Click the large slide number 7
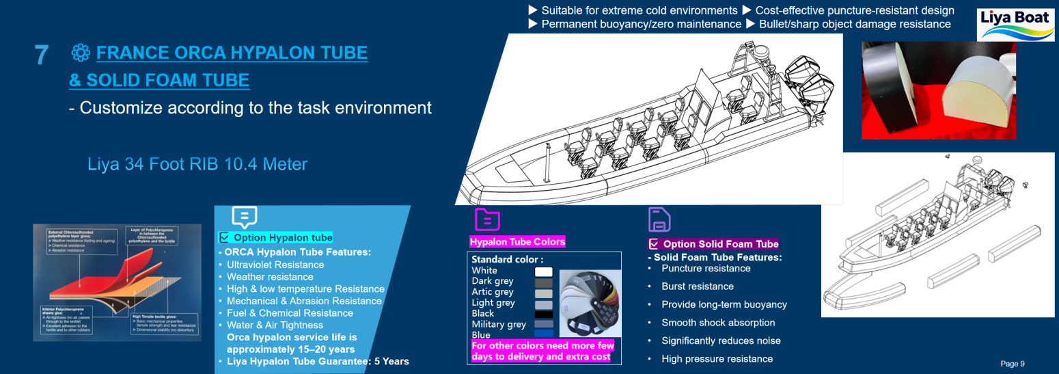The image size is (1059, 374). point(41,55)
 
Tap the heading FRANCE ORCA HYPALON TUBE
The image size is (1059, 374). point(232,53)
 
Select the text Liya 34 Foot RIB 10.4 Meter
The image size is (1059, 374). point(197,165)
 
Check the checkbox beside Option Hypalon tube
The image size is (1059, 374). point(224,238)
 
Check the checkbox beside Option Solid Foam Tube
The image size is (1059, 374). point(654,244)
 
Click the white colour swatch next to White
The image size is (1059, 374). point(543,271)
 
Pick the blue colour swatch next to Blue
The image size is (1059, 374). point(543,334)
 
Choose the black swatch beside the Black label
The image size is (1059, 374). point(543,314)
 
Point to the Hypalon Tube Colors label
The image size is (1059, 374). point(517,242)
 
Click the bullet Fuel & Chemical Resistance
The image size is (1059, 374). point(290,313)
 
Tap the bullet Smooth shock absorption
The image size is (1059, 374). point(718,323)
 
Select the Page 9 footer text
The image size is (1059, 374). point(1013,364)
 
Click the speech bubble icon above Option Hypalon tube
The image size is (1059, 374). point(244,217)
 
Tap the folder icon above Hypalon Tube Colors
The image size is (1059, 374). point(487,219)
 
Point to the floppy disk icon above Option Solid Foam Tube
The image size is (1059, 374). point(659,219)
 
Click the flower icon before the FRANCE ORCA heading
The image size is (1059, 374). point(81,53)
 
